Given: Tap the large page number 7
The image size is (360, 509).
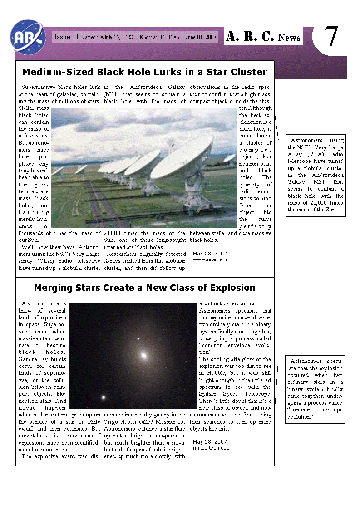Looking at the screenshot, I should tap(332, 37).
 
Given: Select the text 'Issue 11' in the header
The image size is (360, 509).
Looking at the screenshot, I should tap(66, 37).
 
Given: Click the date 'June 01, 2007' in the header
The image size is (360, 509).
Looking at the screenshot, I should tap(201, 37).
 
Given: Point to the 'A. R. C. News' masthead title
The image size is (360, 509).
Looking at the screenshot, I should tap(263, 37).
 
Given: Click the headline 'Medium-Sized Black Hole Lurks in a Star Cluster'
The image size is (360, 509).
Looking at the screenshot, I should tap(144, 72).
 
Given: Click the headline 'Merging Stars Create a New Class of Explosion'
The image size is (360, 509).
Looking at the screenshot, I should tap(144, 288).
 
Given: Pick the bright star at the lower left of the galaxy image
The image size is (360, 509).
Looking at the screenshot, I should tap(104, 397).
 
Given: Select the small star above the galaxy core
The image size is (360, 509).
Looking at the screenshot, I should tap(138, 338).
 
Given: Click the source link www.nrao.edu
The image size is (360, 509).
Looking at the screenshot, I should tap(211, 260).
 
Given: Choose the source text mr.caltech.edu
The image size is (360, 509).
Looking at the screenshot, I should tap(211, 448).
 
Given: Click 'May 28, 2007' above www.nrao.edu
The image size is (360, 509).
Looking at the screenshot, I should tap(210, 254).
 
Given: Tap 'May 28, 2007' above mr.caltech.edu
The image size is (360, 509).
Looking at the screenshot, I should tap(210, 441).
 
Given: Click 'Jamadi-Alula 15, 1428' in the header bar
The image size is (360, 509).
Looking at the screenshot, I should tap(108, 37).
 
